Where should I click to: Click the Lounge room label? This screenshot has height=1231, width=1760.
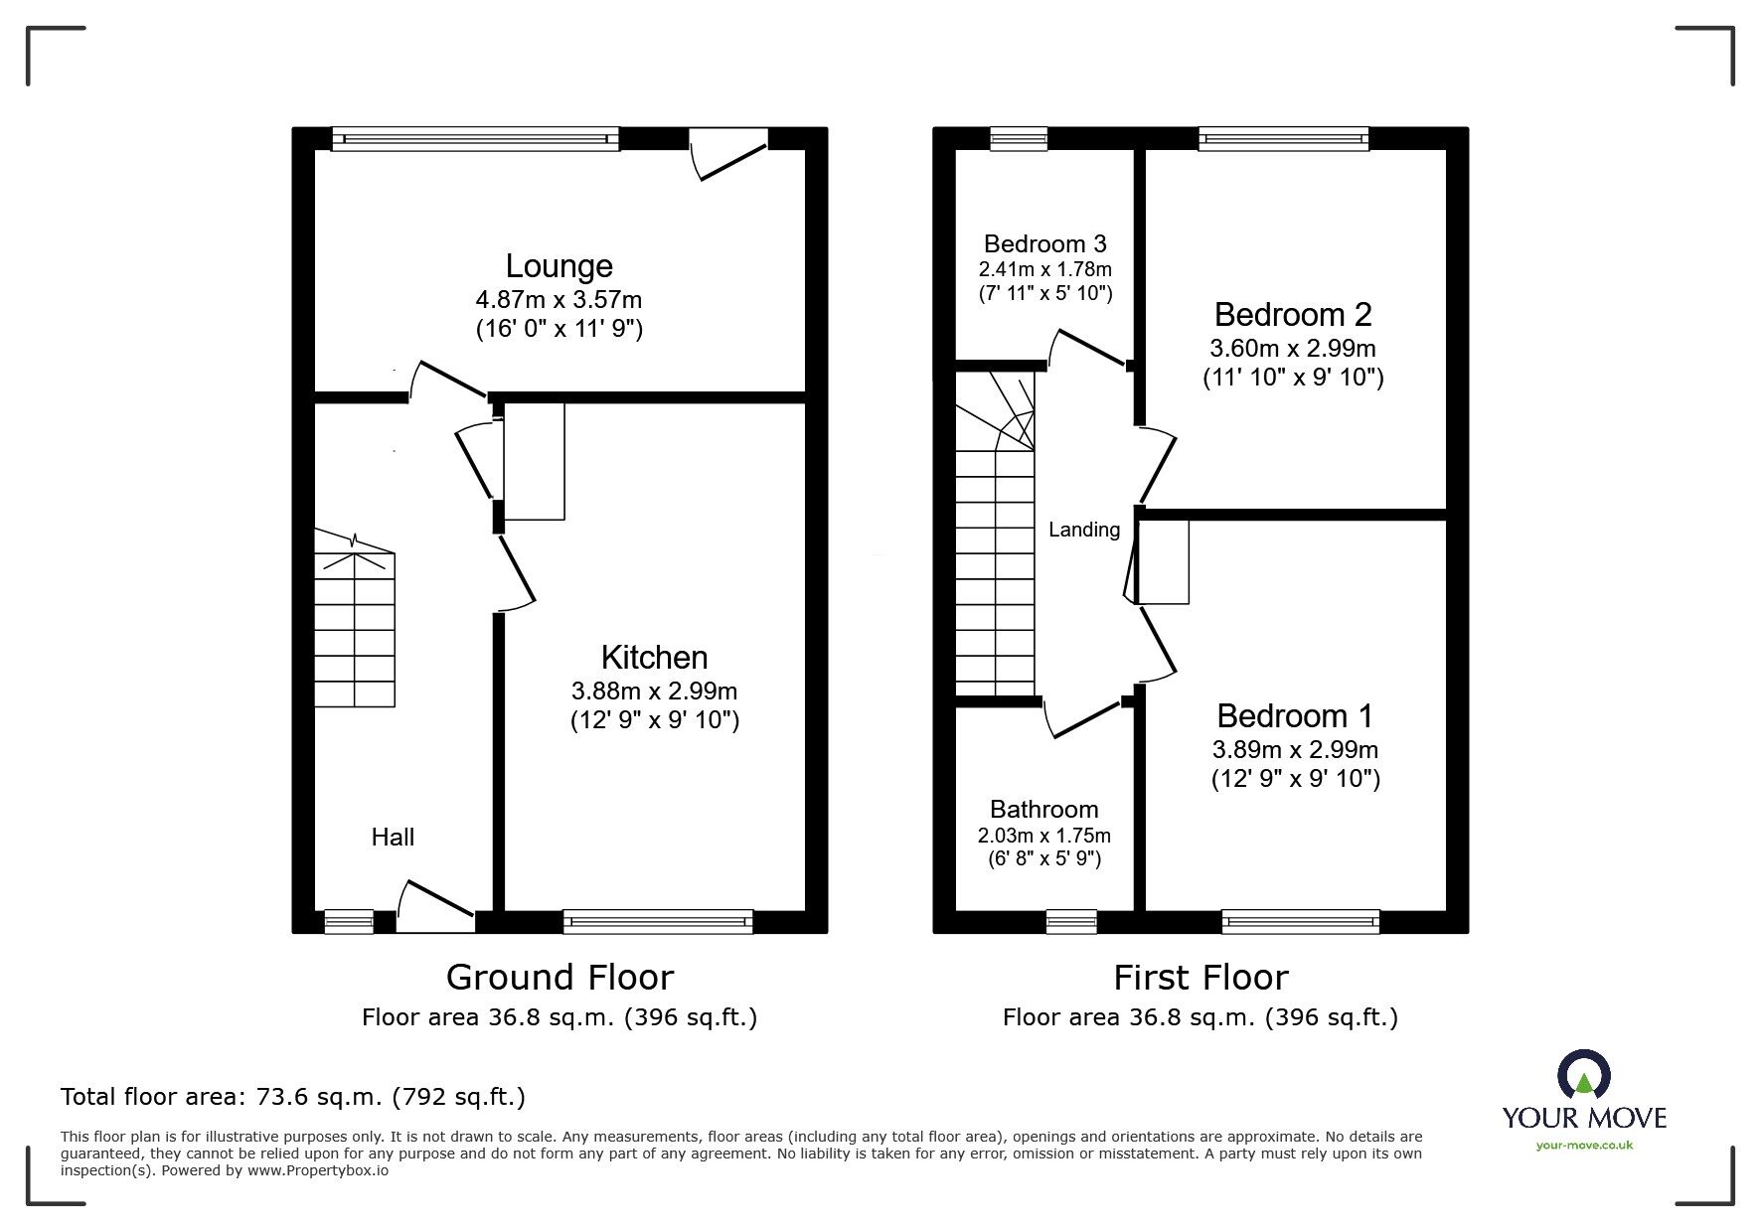559,266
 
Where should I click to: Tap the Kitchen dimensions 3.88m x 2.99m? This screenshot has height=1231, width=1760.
654,691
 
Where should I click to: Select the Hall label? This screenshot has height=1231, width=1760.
393,838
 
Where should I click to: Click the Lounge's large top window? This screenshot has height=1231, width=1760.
475,139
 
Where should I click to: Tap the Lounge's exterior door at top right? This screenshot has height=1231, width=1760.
730,154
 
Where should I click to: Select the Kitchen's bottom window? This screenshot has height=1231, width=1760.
658,922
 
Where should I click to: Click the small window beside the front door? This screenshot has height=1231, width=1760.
349,922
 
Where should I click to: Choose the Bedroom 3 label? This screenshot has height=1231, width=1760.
1044,244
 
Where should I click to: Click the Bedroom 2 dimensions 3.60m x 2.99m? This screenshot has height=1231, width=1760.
1292,349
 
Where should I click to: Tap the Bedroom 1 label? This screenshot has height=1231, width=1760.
1294,715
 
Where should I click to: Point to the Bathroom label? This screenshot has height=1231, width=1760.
1043,810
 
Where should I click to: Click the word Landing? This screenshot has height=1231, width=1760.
1083,531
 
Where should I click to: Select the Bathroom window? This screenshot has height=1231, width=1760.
1071,922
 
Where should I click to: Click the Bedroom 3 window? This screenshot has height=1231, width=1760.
1019,139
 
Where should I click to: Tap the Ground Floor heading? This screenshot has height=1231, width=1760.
560,978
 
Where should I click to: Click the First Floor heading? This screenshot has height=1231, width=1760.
1200,978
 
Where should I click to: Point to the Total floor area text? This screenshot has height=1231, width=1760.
293,1097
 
